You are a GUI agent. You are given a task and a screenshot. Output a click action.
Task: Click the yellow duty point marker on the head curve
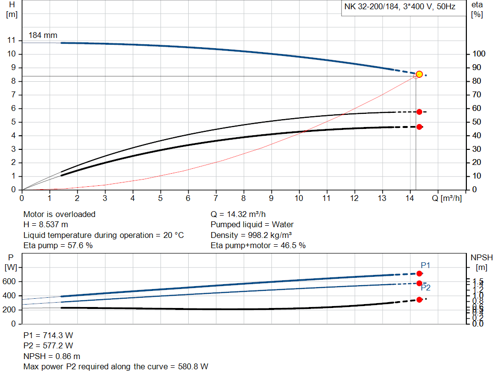point(419,74)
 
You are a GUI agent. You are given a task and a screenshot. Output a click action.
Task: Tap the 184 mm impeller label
point(43,36)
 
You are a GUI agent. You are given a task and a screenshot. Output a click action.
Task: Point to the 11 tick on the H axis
point(12,40)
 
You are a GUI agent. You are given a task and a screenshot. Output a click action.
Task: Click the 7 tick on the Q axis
point(216,199)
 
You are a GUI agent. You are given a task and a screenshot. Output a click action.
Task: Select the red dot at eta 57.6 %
point(419,112)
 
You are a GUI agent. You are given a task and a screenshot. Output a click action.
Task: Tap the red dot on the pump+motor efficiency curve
point(419,127)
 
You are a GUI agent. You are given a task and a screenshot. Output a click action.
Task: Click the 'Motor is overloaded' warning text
point(59,214)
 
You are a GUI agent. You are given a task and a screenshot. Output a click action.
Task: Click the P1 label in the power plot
point(426,265)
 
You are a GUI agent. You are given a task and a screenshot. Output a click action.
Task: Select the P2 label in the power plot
point(426,288)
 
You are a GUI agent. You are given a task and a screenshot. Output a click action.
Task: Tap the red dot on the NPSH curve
point(419,299)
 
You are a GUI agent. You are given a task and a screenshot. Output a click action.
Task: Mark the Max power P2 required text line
point(116,366)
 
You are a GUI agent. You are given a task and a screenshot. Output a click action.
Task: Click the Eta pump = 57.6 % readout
point(58,246)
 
